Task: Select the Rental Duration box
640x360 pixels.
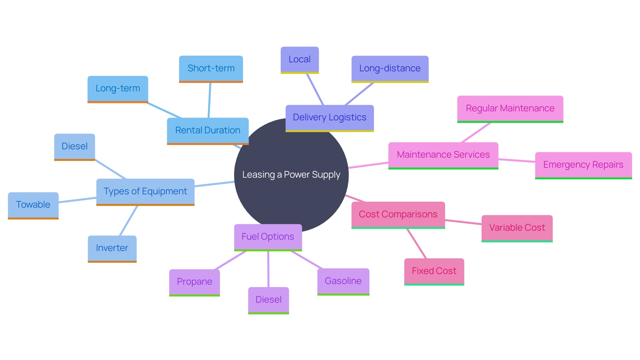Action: coord(208,130)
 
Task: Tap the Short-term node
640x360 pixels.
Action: coord(211,68)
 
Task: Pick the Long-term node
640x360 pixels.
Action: coord(118,89)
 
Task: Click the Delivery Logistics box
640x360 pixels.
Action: coord(329,118)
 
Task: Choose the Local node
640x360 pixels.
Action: coord(299,60)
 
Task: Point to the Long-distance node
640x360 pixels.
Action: coord(390,69)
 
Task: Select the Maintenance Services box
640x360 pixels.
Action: coord(443,155)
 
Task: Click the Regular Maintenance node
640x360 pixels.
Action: coord(510,109)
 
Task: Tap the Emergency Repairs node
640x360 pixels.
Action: coord(583,165)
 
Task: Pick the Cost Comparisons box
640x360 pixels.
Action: coord(398,215)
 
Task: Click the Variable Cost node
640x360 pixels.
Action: coord(517,228)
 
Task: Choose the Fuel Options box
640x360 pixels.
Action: coord(268,237)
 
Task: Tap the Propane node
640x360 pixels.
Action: coord(194,282)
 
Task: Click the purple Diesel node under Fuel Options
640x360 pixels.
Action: coord(268,300)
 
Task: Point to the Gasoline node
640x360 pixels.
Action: coord(343,281)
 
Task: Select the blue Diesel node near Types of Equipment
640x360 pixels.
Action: coord(74,147)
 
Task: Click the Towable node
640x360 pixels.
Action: coord(33,205)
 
